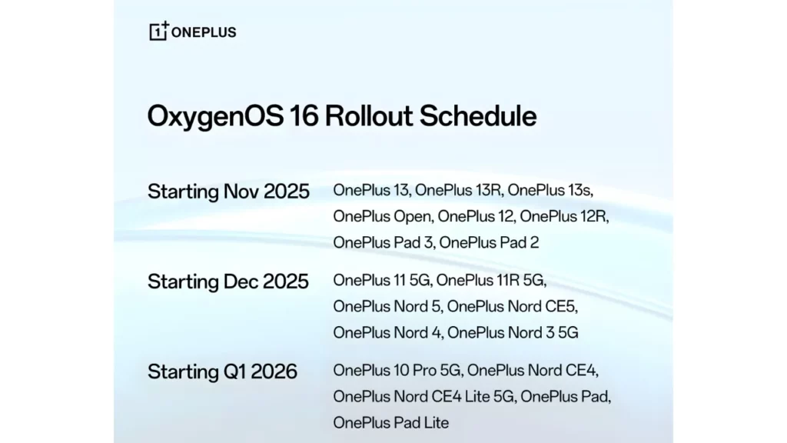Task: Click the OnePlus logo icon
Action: point(159,31)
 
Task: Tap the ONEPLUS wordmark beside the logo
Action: point(204,32)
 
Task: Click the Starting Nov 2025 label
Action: point(228,192)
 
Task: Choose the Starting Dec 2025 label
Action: point(228,281)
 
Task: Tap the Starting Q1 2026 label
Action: point(222,371)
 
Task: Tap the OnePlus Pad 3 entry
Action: point(382,242)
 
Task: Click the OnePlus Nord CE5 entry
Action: point(512,306)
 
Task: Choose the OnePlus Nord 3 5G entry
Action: point(513,332)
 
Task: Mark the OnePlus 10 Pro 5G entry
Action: point(397,371)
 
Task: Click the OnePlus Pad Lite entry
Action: point(391,422)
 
